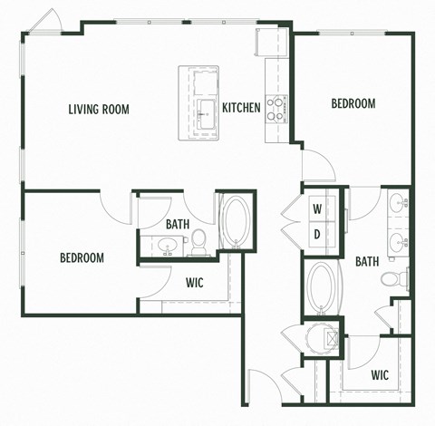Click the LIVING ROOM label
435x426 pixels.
[99, 110]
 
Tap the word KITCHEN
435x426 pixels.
[241, 108]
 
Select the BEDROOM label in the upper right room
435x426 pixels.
[353, 104]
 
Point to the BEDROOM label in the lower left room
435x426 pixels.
[82, 258]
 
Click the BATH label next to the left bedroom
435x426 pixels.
[177, 225]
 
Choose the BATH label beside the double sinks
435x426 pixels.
[366, 262]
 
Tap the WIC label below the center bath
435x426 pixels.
[194, 283]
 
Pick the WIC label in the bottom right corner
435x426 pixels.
[381, 374]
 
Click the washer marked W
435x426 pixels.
[317, 208]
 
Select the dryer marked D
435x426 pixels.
[317, 235]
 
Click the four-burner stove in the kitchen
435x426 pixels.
[275, 107]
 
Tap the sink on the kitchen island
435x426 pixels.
[204, 110]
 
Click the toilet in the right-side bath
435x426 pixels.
[394, 278]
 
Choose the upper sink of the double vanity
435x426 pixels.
[398, 204]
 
